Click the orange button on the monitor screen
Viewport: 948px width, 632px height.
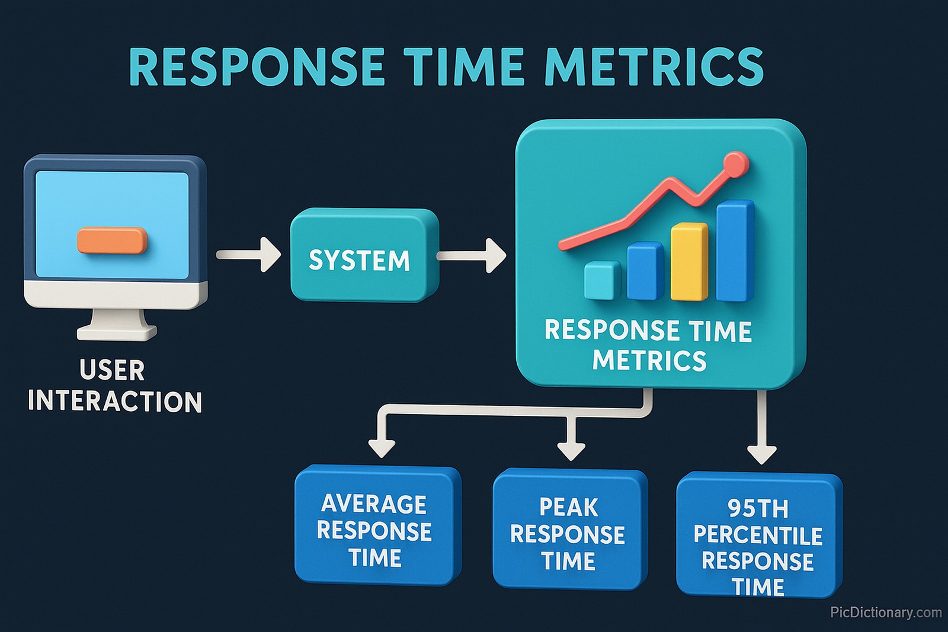click(x=112, y=240)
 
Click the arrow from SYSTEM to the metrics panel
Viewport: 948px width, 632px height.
click(x=472, y=256)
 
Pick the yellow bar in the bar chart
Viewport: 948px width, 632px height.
click(x=688, y=262)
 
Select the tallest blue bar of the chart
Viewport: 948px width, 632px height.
click(x=734, y=252)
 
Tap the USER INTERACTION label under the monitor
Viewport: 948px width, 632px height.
click(x=114, y=386)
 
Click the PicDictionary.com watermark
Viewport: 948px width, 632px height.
click(x=885, y=612)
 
